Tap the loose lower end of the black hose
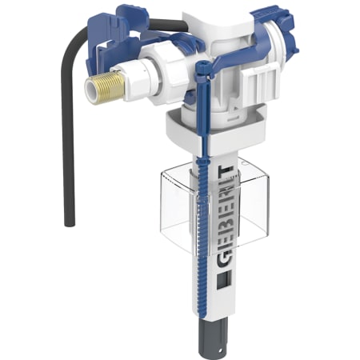(x=70, y=223)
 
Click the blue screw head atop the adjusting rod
(x=202, y=66)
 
